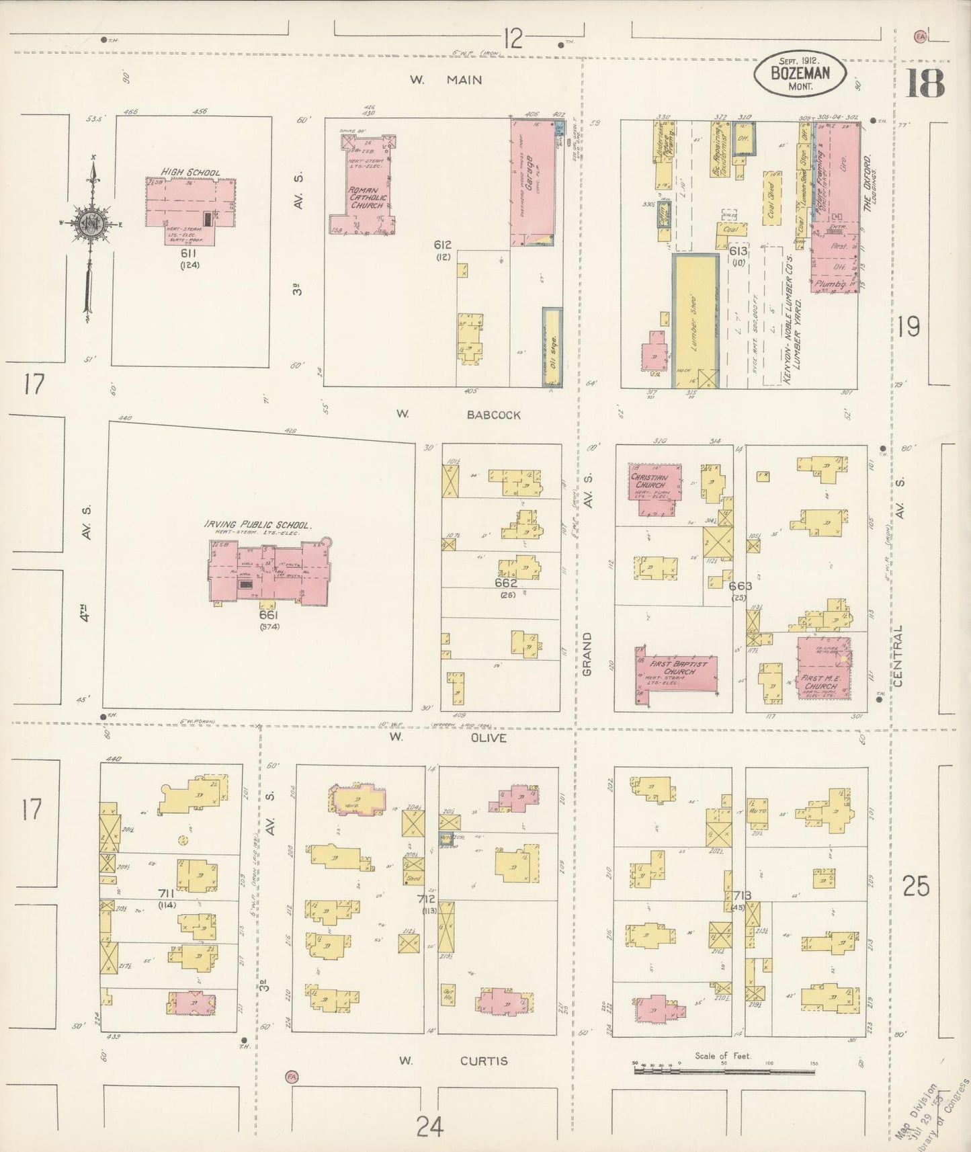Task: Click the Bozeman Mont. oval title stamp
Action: (x=800, y=73)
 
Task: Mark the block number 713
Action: (x=742, y=895)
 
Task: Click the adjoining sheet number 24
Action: (x=429, y=1124)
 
